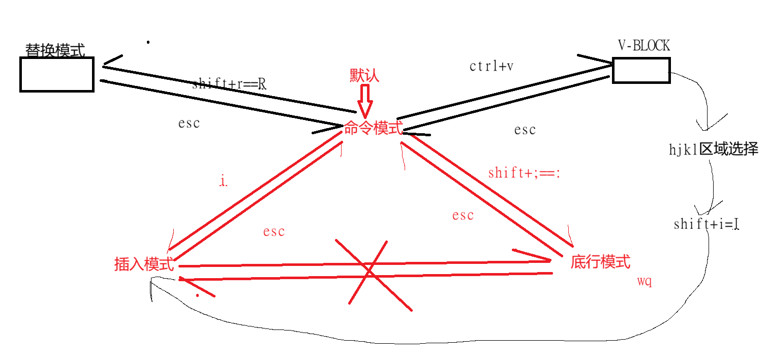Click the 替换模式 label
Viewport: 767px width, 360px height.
[55, 50]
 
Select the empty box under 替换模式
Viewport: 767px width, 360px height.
[57, 74]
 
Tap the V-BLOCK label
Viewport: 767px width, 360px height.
[643, 46]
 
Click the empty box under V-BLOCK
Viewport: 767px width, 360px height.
[641, 70]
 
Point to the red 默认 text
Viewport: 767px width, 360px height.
[364, 75]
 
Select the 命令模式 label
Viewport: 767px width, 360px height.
[374, 128]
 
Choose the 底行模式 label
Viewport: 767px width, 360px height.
[600, 262]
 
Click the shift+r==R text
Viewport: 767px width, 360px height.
[229, 84]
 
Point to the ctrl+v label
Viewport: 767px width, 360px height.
[491, 66]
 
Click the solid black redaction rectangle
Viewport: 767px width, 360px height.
[526, 141]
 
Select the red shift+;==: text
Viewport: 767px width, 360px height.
[524, 173]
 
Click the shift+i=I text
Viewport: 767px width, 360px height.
[705, 224]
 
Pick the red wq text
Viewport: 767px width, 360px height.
[644, 281]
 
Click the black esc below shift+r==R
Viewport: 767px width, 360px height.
[189, 123]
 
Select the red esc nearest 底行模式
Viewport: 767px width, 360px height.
[463, 215]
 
